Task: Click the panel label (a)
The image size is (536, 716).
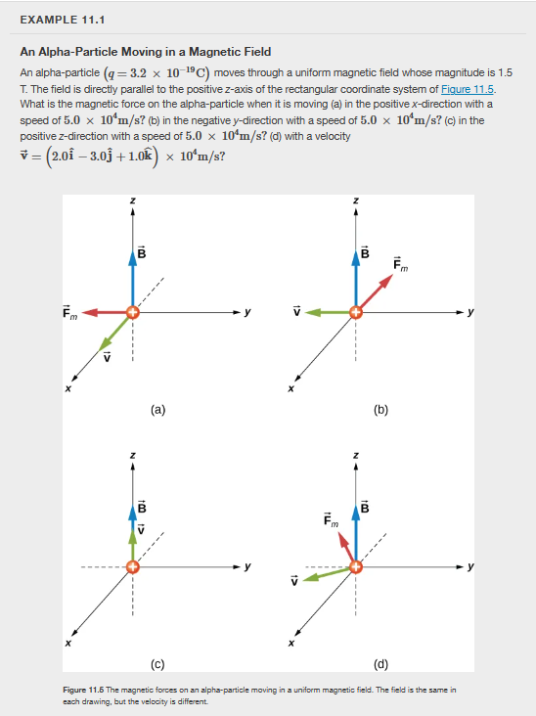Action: click(158, 411)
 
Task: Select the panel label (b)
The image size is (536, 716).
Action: click(382, 411)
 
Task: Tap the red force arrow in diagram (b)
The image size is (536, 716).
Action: click(376, 291)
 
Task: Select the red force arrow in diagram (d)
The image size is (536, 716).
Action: click(344, 549)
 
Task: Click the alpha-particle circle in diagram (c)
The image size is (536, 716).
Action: click(133, 565)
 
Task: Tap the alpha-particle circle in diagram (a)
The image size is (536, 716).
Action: click(133, 313)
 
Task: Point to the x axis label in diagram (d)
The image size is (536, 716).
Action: click(290, 643)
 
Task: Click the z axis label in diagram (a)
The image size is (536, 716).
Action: click(133, 201)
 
